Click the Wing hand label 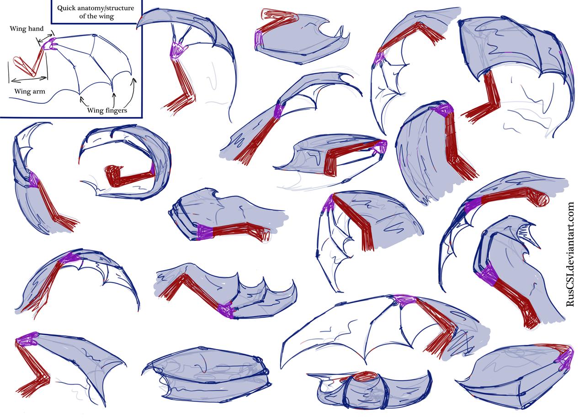point(27,28)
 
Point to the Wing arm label point(30,91)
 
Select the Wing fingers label point(107,110)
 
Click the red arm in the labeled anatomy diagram point(32,64)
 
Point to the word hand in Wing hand point(35,28)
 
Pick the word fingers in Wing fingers point(115,110)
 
